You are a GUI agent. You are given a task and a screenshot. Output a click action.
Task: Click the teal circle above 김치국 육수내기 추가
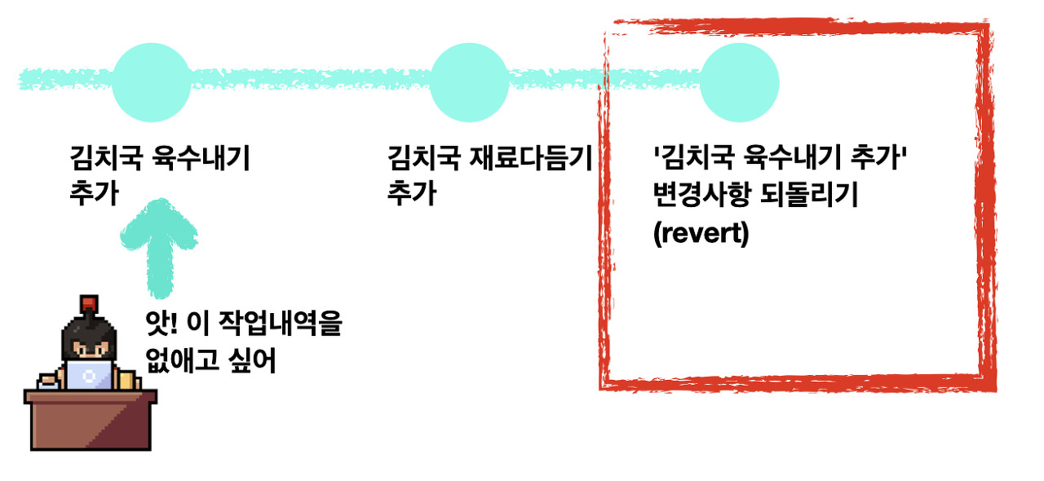point(151,81)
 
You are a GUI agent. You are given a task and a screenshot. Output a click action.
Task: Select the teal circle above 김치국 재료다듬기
point(469,81)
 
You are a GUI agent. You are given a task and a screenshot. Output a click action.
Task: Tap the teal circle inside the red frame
point(739,81)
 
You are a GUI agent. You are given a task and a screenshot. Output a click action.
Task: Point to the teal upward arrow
point(160,245)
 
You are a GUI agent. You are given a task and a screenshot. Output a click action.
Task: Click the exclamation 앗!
point(161,324)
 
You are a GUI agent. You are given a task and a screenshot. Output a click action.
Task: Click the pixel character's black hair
point(89,329)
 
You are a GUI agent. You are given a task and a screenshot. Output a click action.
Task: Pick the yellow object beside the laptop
point(127,380)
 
